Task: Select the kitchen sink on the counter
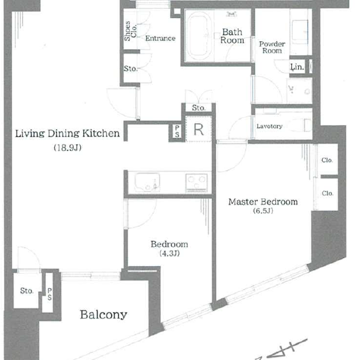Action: pyautogui.click(x=147, y=182)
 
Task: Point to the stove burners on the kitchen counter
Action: pyautogui.click(x=197, y=182)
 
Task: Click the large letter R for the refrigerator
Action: pyautogui.click(x=199, y=130)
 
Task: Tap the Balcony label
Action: pyautogui.click(x=104, y=315)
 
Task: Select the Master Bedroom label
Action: pyautogui.click(x=263, y=202)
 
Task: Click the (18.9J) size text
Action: pyautogui.click(x=68, y=148)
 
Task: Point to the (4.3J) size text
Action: pyautogui.click(x=170, y=253)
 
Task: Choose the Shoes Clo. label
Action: pyautogui.click(x=130, y=31)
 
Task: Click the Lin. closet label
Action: pyautogui.click(x=297, y=67)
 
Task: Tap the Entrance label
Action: pyautogui.click(x=160, y=38)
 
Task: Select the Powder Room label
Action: pyautogui.click(x=272, y=47)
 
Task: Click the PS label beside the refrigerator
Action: pyautogui.click(x=177, y=131)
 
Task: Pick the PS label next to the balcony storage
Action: pyautogui.click(x=50, y=294)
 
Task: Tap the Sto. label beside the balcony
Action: pyautogui.click(x=27, y=291)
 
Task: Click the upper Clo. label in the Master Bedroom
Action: pyautogui.click(x=327, y=160)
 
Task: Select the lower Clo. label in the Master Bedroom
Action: pyautogui.click(x=327, y=193)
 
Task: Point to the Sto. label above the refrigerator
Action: pyautogui.click(x=199, y=108)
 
